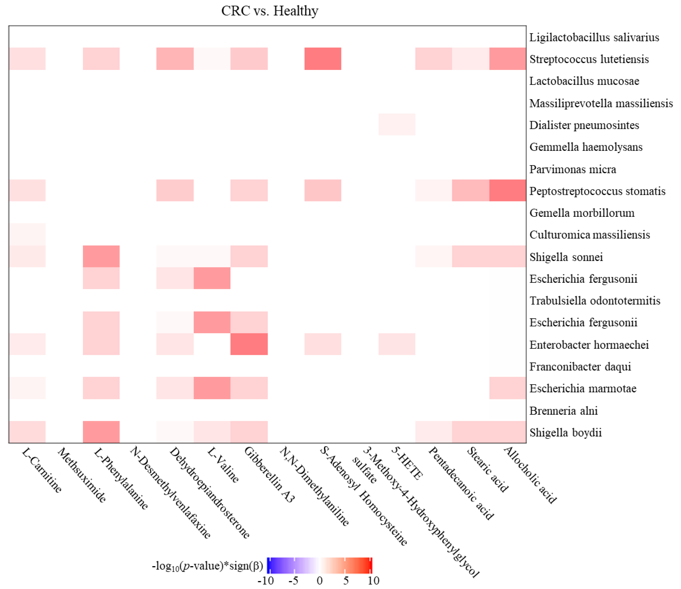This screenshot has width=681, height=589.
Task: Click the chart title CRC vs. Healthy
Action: pyautogui.click(x=269, y=11)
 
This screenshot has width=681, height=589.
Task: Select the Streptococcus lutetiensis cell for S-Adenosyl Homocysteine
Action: pyautogui.click(x=323, y=59)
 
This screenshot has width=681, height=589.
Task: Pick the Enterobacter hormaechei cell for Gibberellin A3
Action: pyautogui.click(x=249, y=344)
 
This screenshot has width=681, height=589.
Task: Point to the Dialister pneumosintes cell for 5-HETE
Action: pyautogui.click(x=397, y=124)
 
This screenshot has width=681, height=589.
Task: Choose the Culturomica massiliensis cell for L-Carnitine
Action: pyautogui.click(x=27, y=234)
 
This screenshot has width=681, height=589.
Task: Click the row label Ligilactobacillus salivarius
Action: pyautogui.click(x=594, y=38)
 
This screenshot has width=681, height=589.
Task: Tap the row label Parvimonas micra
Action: pyautogui.click(x=572, y=169)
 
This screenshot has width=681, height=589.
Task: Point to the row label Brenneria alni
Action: pyautogui.click(x=563, y=410)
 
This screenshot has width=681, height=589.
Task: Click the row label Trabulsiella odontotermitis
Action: pyautogui.click(x=594, y=301)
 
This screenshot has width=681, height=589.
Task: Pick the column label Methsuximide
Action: pyautogui.click(x=82, y=475)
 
